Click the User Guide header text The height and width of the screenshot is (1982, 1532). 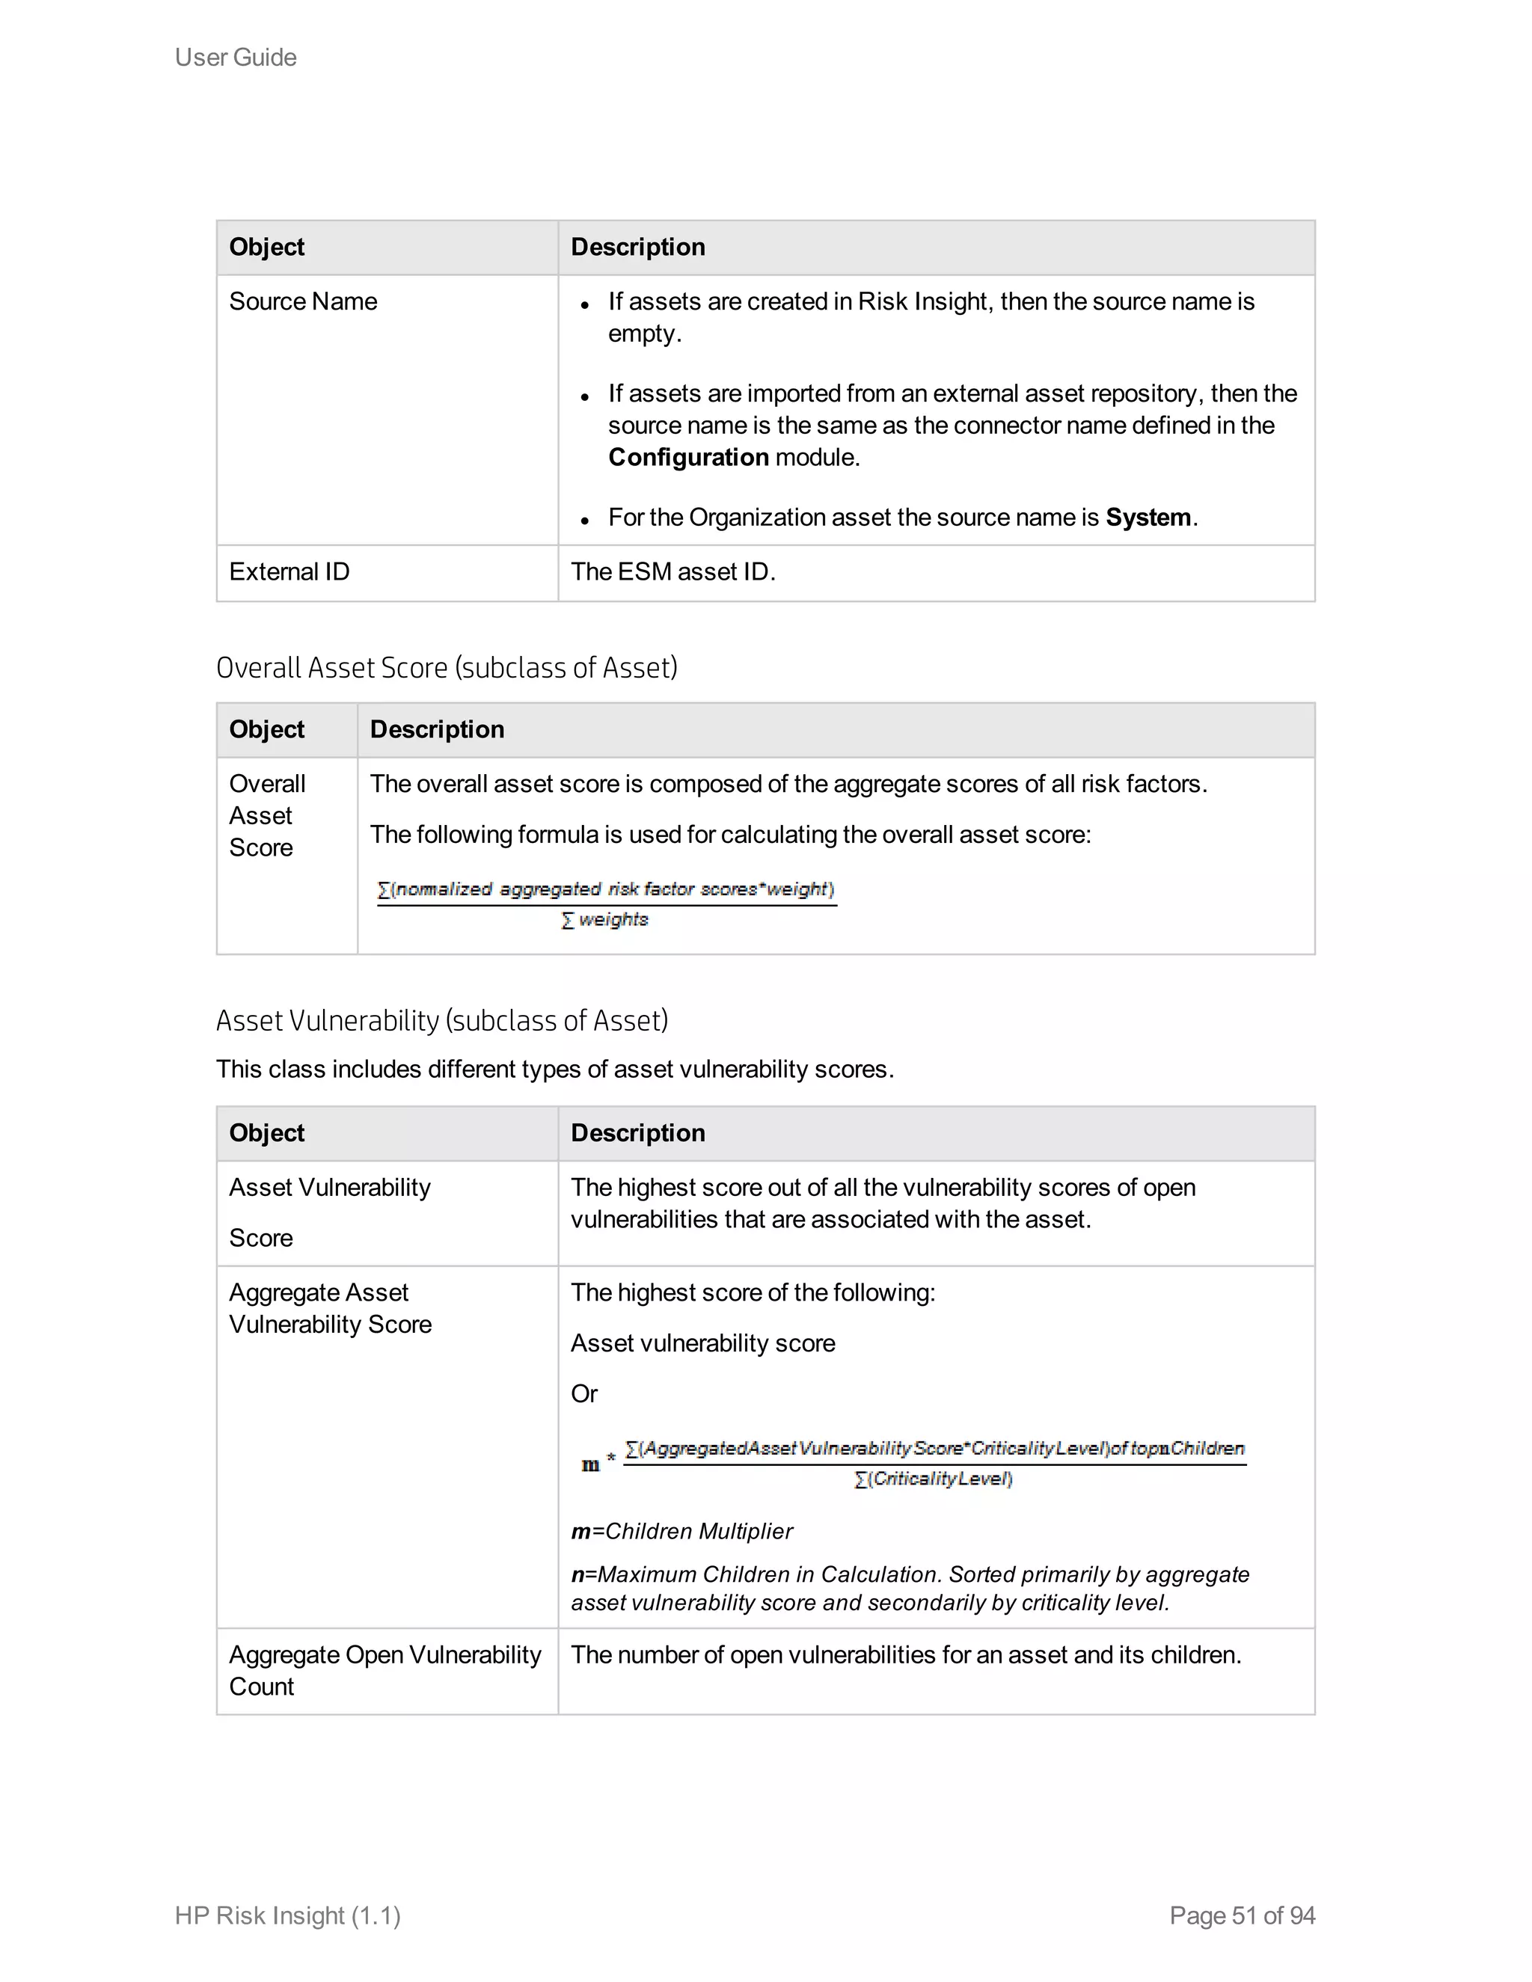pyautogui.click(x=235, y=57)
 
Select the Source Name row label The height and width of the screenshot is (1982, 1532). pyautogui.click(x=302, y=301)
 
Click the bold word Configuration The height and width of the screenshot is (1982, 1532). pyautogui.click(x=688, y=458)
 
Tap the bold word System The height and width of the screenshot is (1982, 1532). pyautogui.click(x=1148, y=518)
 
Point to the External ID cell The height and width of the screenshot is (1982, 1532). pyautogui.click(x=289, y=571)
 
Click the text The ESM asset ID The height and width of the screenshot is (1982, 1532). pyautogui.click(x=672, y=571)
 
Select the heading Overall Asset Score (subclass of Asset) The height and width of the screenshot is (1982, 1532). pyautogui.click(x=447, y=668)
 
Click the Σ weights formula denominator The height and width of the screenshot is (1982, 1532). pyautogui.click(x=605, y=920)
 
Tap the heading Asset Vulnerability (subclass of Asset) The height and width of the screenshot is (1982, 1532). pyautogui.click(x=442, y=1021)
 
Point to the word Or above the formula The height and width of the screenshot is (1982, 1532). pyautogui.click(x=583, y=1394)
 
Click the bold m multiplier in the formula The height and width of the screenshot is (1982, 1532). pyautogui.click(x=590, y=1464)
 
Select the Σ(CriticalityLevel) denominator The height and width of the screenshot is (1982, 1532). pyautogui.click(x=933, y=1479)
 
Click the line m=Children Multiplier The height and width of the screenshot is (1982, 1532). pyautogui.click(x=681, y=1532)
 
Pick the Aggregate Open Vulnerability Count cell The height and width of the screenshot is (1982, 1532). pyautogui.click(x=384, y=1671)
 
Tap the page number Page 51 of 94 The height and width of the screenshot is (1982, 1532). pyautogui.click(x=1242, y=1915)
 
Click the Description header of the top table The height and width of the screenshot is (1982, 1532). pyautogui.click(x=637, y=247)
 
